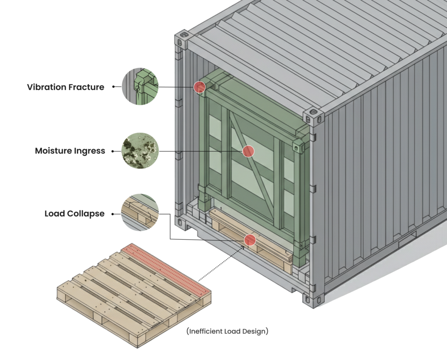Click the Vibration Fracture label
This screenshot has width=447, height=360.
[x=65, y=87]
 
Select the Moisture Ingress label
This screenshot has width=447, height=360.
[x=70, y=151]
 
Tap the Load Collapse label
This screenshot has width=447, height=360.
[x=74, y=214]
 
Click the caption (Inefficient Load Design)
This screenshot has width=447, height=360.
[x=227, y=331]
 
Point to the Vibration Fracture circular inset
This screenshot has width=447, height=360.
[x=140, y=86]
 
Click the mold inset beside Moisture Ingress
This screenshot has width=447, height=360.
[x=140, y=151]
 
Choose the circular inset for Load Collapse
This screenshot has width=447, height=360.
[x=140, y=213]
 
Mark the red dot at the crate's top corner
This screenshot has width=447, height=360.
[x=199, y=86]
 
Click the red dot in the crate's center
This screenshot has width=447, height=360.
[x=248, y=151]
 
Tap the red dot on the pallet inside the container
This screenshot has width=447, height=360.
[x=250, y=240]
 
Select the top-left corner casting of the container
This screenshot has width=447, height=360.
[x=182, y=38]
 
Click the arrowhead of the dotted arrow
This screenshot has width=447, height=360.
[x=243, y=247]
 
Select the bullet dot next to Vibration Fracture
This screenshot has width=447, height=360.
[x=113, y=86]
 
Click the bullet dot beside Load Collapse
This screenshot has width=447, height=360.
[x=113, y=214]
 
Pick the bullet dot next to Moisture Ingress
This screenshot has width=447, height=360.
[x=113, y=151]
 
